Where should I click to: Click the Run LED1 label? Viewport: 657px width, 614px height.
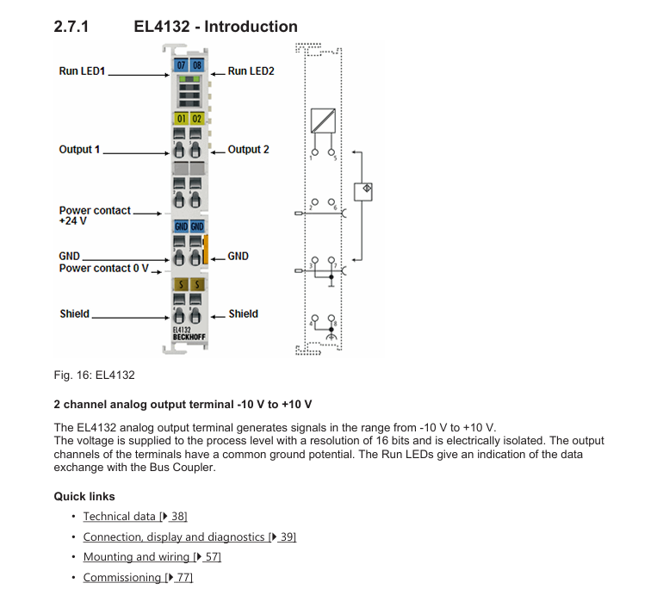(x=82, y=71)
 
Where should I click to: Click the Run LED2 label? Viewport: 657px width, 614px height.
(x=251, y=71)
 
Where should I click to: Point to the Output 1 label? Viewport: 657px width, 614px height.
(x=79, y=150)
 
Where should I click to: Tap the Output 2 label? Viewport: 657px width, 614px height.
(x=249, y=150)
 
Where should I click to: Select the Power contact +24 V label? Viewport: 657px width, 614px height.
(x=95, y=215)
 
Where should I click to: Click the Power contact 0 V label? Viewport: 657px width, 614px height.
(x=104, y=268)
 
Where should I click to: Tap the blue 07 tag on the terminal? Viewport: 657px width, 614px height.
(x=181, y=65)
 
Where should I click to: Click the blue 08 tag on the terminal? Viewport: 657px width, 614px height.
(x=197, y=65)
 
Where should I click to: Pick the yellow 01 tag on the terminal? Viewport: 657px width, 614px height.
(x=181, y=119)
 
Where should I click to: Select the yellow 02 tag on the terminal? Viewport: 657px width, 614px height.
(x=197, y=119)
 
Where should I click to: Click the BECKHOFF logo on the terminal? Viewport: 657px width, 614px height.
(x=189, y=337)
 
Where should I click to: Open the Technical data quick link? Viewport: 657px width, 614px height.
(x=135, y=517)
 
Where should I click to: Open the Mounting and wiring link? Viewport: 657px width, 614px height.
(x=152, y=557)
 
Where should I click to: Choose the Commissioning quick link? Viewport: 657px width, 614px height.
(x=138, y=578)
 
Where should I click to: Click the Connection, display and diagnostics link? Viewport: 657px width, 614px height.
(x=189, y=536)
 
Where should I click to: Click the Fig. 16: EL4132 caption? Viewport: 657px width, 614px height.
(x=94, y=375)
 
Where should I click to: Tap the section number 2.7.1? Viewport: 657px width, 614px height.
(x=71, y=27)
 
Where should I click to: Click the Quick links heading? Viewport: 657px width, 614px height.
(x=84, y=497)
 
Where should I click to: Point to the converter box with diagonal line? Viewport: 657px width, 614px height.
(x=323, y=121)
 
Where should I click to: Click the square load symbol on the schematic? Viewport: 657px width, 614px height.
(x=363, y=192)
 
